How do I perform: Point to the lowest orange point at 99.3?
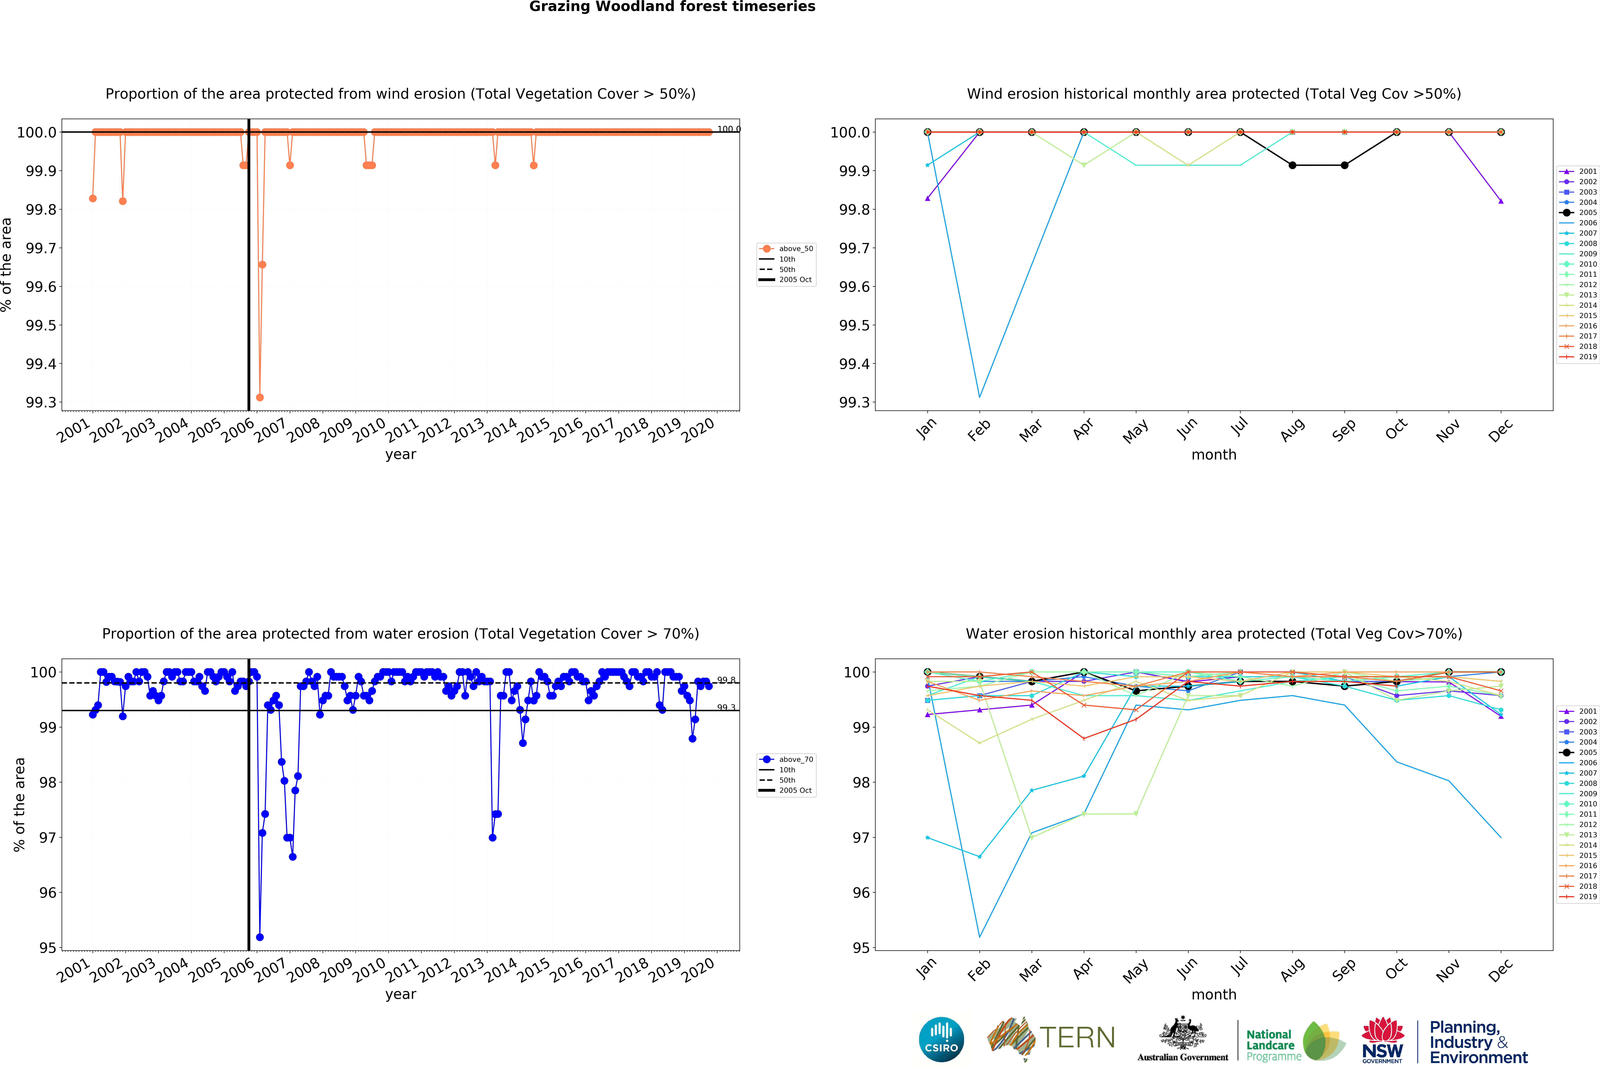[x=259, y=397]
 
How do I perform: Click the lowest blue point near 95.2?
[x=259, y=937]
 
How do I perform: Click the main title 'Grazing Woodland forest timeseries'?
[x=672, y=7]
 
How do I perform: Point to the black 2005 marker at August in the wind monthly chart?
[x=1292, y=165]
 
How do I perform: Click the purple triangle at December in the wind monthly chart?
[x=1501, y=201]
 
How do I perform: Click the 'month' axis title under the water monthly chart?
[x=1214, y=994]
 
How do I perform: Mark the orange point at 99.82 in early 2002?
[x=123, y=201]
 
